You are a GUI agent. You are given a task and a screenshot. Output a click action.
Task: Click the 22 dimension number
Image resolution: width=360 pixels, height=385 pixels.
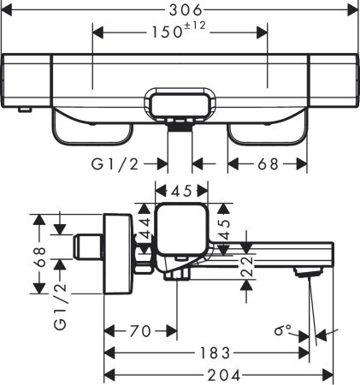245,266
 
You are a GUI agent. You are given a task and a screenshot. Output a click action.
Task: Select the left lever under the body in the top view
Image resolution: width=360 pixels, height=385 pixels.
91,128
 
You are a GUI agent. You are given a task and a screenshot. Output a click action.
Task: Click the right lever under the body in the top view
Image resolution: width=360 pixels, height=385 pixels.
267,128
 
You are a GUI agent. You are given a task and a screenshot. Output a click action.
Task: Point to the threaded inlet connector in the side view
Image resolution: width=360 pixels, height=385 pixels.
86,247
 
